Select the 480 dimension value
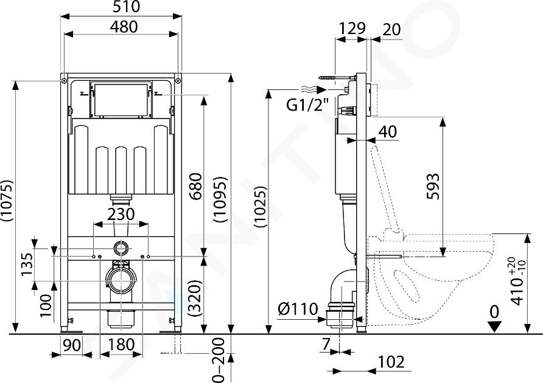coord(124,27)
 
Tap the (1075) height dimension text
coord(7,201)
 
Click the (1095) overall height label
coord(220,199)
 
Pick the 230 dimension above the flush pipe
coord(121,214)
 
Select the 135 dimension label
coord(27,264)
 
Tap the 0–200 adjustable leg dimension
coord(219,360)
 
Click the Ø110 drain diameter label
coord(298,309)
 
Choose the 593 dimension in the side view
coord(433,186)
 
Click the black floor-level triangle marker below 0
coord(494,326)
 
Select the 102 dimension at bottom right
coord(391,362)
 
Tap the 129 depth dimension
coord(352,29)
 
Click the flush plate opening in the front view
coord(121,99)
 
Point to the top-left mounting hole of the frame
coord(64,81)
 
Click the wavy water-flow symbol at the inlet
coord(308,89)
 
